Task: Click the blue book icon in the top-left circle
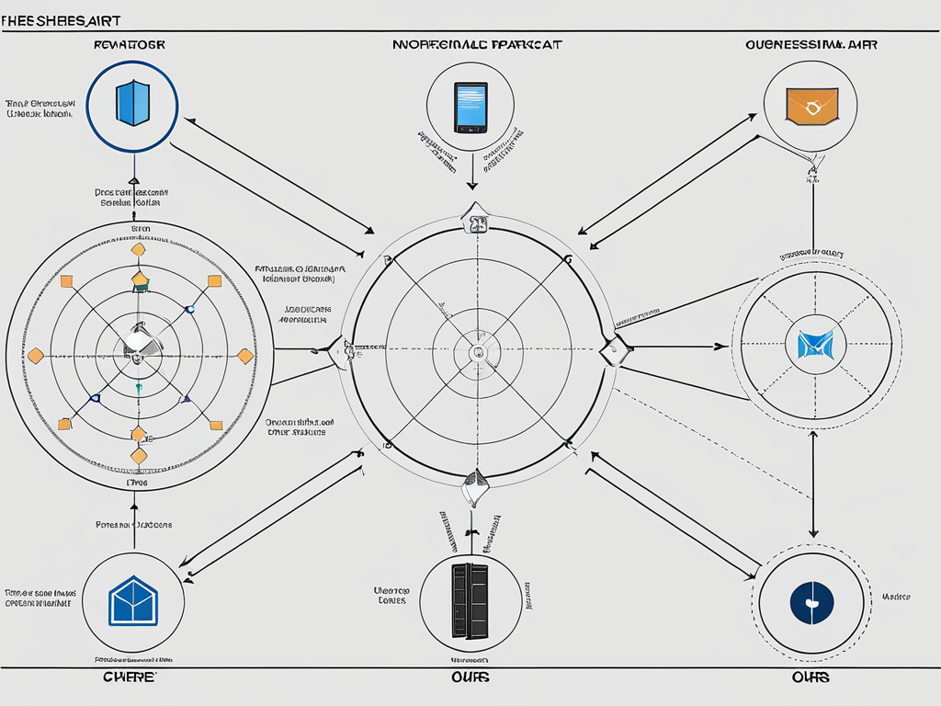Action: point(132,103)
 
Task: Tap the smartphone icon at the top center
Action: point(470,108)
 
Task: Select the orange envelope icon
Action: point(811,106)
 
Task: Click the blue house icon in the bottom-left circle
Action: point(134,601)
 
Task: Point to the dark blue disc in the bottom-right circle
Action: point(811,603)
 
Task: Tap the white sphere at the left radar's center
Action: point(135,342)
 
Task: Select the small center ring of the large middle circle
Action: point(476,352)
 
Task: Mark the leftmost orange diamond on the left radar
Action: point(36,355)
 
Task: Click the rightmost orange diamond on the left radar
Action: point(245,356)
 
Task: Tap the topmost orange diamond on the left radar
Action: point(138,249)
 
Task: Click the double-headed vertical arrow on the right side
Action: point(813,484)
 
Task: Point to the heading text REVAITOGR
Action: point(130,43)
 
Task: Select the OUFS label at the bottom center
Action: point(470,678)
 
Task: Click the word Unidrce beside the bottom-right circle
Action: point(896,597)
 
